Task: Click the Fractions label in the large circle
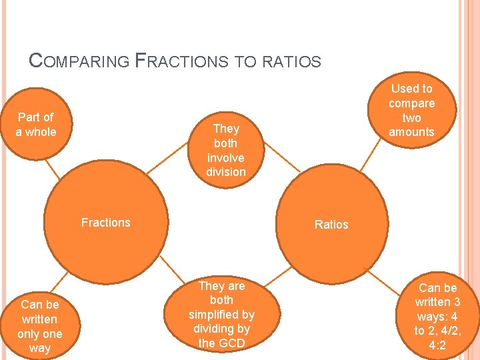click(x=105, y=223)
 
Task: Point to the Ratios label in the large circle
click(x=331, y=225)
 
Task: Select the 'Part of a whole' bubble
click(x=36, y=125)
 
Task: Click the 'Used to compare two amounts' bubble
click(x=411, y=110)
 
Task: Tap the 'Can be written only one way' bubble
click(x=39, y=326)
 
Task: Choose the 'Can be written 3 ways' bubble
click(x=437, y=317)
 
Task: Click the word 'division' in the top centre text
click(x=226, y=172)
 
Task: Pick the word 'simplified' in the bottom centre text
click(x=221, y=315)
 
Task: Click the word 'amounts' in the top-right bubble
click(x=411, y=132)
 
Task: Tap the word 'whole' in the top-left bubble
click(x=41, y=132)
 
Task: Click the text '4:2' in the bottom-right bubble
click(x=437, y=345)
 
